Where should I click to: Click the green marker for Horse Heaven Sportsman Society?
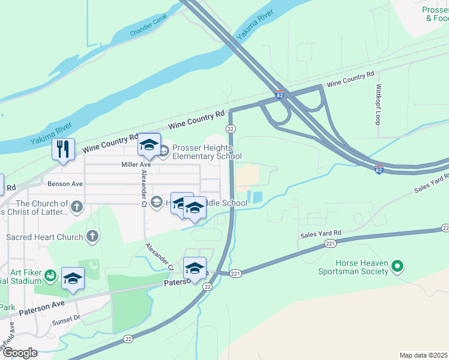coord(397,265)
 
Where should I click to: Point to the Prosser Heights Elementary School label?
coord(203,152)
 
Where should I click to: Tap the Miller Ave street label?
coord(136,164)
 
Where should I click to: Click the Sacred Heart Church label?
coord(44,237)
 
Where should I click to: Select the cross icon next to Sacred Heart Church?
coord(92,236)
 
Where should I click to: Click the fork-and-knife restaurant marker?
coord(63,149)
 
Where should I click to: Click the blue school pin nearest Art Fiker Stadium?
coord(73,278)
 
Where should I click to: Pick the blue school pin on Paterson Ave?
coord(194,268)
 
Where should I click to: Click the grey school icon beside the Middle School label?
coord(157,202)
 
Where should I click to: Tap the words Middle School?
coord(226,203)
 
